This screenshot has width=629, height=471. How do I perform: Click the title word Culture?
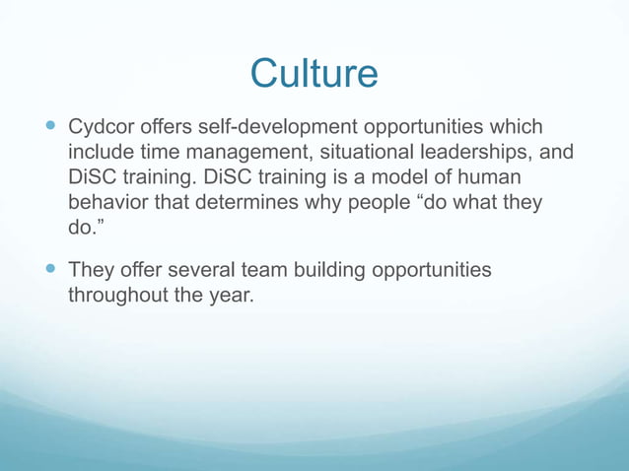314,74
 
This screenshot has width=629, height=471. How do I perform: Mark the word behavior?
107,206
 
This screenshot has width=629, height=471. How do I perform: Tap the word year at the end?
232,296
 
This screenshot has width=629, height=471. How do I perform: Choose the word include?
104,155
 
